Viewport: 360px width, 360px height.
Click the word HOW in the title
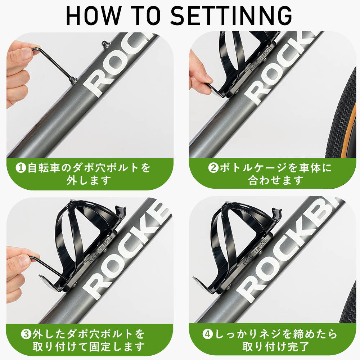tap(93, 15)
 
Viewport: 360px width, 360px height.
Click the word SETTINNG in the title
tap(231, 15)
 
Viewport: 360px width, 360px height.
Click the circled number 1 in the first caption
tap(21, 168)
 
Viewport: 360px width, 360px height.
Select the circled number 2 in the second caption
tap(213, 168)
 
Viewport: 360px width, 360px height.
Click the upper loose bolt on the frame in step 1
tap(105, 43)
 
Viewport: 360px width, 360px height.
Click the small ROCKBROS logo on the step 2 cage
tap(260, 58)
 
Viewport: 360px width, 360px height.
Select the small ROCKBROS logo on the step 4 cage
tap(255, 252)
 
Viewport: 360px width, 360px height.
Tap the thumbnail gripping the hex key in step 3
tap(23, 261)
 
